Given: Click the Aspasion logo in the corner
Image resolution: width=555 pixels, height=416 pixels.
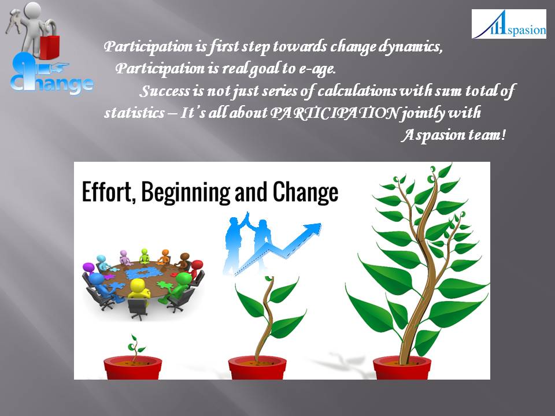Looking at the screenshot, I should pos(509,24).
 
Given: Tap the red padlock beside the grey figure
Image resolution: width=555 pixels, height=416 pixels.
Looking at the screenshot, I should pos(50,46).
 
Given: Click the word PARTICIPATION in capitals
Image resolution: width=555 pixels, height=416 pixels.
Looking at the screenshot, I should pos(335,113).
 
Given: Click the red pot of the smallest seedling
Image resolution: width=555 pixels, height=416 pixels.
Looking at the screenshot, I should pos(132,367).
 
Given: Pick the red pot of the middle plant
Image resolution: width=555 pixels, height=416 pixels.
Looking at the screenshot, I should pos(258,367).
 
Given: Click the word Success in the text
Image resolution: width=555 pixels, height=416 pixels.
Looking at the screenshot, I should pos(165,91).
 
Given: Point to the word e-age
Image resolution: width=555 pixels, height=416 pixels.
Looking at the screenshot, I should pos(317,69).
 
